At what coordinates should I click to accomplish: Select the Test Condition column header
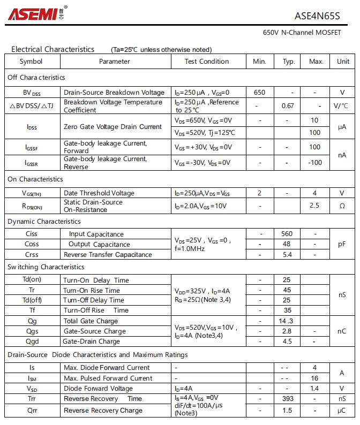pyautogui.click(x=206, y=62)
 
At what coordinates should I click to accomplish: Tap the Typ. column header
pyautogui.click(x=289, y=62)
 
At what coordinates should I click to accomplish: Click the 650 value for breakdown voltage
pyautogui.click(x=259, y=93)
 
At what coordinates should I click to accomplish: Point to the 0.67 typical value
pyautogui.click(x=288, y=106)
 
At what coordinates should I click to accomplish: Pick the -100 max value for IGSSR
pyautogui.click(x=315, y=162)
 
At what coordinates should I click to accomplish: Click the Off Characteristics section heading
pyautogui.click(x=36, y=78)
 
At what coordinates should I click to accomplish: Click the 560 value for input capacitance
pyautogui.click(x=287, y=234)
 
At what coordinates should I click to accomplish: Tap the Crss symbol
pyautogui.click(x=32, y=255)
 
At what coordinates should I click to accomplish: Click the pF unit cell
pyautogui.click(x=342, y=244)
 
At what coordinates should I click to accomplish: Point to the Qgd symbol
pyautogui.click(x=32, y=341)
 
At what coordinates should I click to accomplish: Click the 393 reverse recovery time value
pyautogui.click(x=287, y=399)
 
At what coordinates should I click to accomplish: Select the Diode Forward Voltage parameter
pyautogui.click(x=98, y=389)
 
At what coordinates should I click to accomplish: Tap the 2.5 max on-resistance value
pyautogui.click(x=314, y=206)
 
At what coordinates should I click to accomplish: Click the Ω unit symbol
pyautogui.click(x=342, y=206)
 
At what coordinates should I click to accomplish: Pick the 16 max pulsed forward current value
pyautogui.click(x=315, y=378)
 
